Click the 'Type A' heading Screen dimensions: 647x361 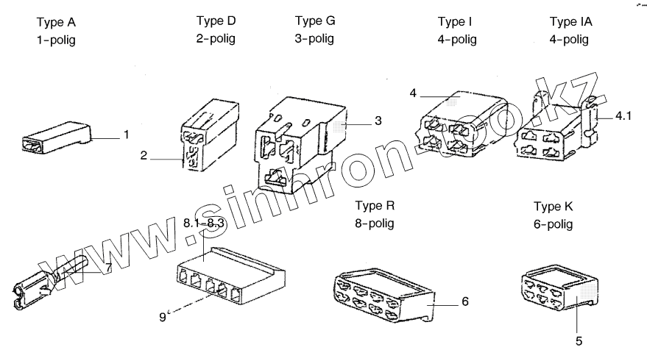[56, 22]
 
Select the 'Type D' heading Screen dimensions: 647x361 [216, 20]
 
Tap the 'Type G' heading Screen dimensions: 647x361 [314, 20]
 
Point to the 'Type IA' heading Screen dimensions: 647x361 [570, 21]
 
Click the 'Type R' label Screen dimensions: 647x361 [375, 204]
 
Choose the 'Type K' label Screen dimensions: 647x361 [553, 206]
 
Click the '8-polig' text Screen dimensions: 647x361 [375, 223]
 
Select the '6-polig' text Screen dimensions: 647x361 [553, 224]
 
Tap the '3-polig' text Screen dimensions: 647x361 [314, 38]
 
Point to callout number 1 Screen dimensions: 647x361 [126, 135]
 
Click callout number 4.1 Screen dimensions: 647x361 [624, 115]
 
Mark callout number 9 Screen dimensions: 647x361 [163, 317]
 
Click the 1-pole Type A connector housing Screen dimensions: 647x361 [55, 139]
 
